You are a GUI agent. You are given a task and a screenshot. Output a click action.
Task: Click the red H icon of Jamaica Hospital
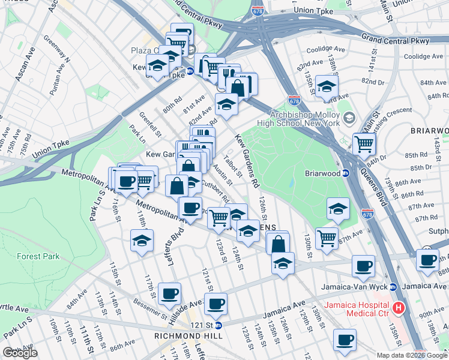(398, 308)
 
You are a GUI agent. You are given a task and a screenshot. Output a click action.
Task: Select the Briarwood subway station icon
(346, 173)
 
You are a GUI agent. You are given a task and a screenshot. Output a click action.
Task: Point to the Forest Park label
(37, 256)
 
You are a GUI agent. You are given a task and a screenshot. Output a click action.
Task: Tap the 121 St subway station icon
(218, 325)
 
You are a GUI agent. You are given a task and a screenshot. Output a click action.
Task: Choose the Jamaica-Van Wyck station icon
(393, 286)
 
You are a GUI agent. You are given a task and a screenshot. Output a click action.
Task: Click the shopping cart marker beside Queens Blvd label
(364, 144)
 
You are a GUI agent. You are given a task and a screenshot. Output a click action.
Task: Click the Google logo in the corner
(20, 352)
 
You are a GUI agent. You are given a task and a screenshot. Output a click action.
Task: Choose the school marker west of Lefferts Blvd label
(141, 241)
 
